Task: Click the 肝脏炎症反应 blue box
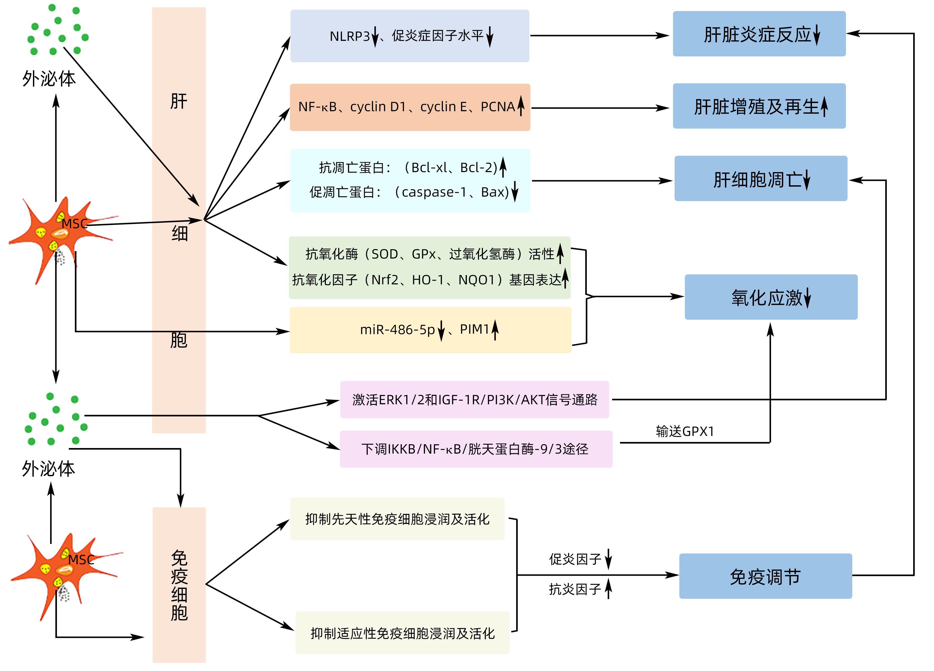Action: [759, 34]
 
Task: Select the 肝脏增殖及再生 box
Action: [759, 106]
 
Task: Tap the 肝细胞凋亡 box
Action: [760, 179]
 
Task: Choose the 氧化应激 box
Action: [771, 297]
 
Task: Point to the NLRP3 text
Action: [349, 36]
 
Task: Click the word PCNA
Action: [497, 107]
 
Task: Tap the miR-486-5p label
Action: [397, 330]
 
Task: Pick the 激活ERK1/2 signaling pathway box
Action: [475, 400]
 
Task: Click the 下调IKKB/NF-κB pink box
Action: [476, 449]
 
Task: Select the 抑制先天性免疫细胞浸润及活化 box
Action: [397, 519]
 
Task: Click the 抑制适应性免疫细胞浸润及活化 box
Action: [402, 633]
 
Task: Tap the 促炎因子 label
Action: [575, 559]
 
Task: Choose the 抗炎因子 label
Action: [575, 589]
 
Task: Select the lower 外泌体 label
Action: [49, 469]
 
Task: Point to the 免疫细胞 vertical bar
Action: [179, 585]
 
